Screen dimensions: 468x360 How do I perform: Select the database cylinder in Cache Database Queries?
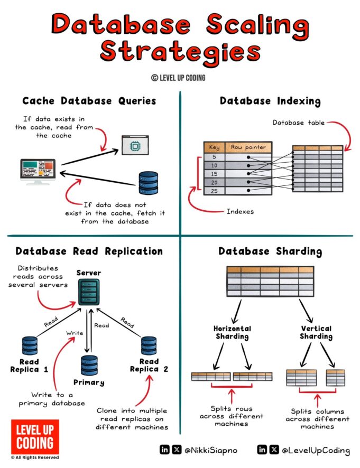[x=149, y=183]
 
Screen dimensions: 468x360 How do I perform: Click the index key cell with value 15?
[x=214, y=174]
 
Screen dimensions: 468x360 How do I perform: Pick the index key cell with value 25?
[x=214, y=190]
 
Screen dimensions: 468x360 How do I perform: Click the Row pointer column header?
[x=248, y=147]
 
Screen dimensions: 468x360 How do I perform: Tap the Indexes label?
[x=241, y=211]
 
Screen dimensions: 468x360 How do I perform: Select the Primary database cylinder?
[x=89, y=365]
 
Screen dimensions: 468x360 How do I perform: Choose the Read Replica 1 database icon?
[x=30, y=346]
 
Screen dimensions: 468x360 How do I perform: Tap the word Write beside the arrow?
[x=73, y=333]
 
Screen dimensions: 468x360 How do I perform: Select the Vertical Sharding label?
[x=316, y=332]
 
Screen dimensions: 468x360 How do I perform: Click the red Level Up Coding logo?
[x=35, y=436]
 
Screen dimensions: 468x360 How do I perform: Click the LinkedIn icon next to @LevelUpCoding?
[x=262, y=450]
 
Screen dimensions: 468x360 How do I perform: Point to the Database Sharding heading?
[x=270, y=251]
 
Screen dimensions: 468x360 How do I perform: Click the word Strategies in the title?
[x=180, y=52]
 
